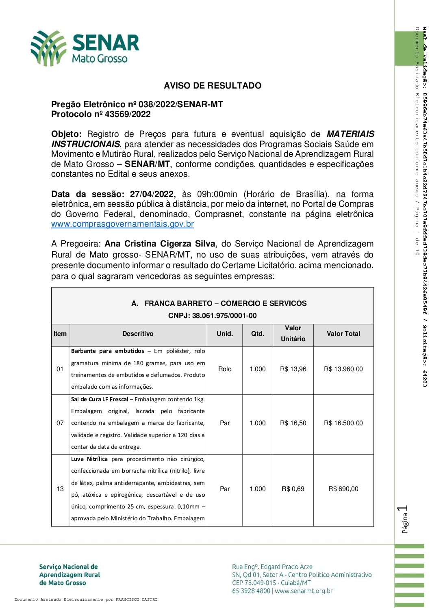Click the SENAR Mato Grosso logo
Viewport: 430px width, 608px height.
(x=85, y=48)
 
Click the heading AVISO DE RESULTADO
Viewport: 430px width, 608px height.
(x=212, y=86)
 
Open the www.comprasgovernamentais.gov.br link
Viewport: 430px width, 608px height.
(x=122, y=224)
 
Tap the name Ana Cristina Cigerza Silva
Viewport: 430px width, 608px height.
(x=160, y=244)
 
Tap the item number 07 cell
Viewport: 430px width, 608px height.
(x=60, y=423)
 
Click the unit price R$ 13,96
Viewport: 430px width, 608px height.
(x=293, y=369)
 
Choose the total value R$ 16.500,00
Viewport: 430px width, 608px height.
(x=343, y=423)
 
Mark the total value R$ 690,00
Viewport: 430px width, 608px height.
(x=343, y=489)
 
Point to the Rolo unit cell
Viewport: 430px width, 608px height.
(x=225, y=369)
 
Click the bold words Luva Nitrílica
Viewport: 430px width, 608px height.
(x=89, y=459)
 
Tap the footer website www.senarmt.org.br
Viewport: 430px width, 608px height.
(x=304, y=591)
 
